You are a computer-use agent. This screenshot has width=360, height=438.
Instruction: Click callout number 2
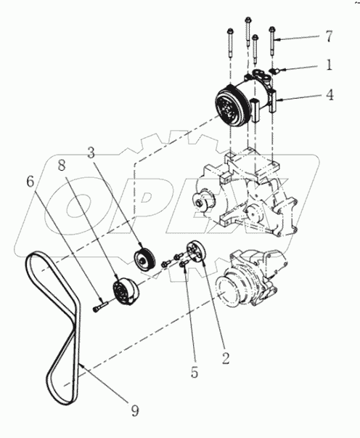click(225, 357)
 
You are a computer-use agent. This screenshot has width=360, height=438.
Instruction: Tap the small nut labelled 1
click(277, 70)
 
